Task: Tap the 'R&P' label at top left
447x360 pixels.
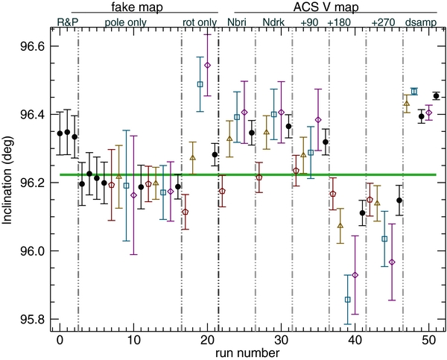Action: [68, 22]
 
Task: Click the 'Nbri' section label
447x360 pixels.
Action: [239, 22]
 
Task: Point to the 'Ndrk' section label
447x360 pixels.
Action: [275, 22]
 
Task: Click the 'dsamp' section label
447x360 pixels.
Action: [422, 22]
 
